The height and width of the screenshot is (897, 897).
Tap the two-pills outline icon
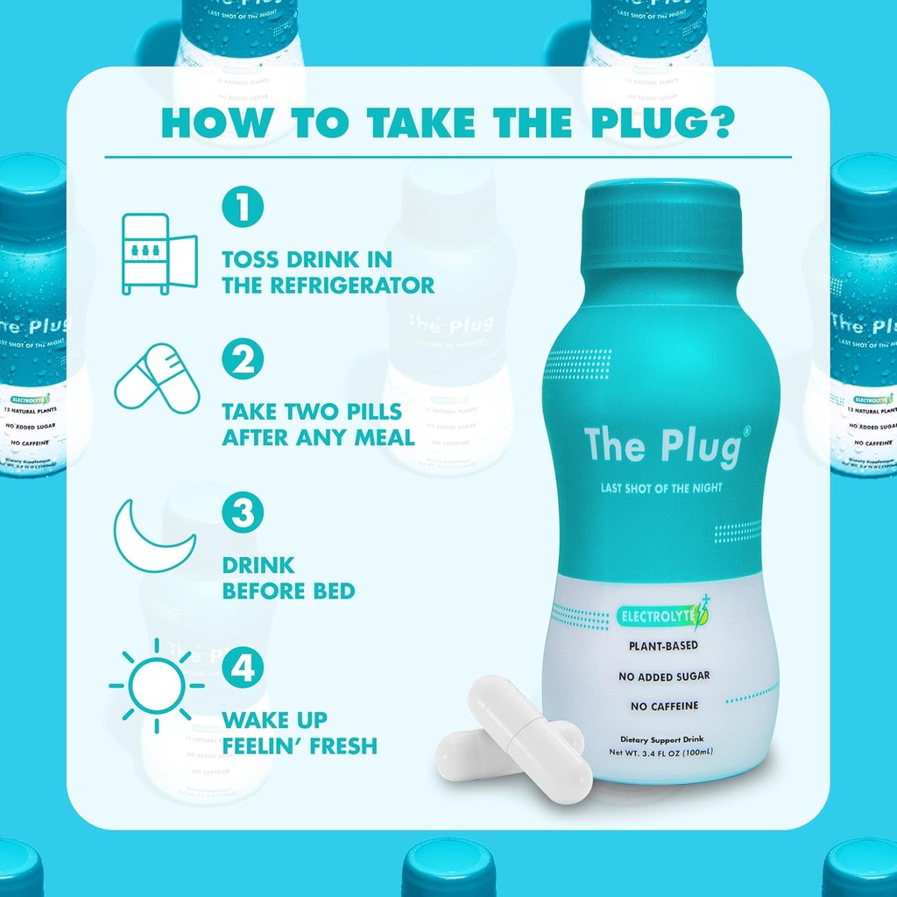tap(158, 379)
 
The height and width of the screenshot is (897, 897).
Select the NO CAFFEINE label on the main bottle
tap(664, 705)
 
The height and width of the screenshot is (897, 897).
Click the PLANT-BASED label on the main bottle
tap(664, 646)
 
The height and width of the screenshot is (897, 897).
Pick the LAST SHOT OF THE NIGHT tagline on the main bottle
tap(661, 488)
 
